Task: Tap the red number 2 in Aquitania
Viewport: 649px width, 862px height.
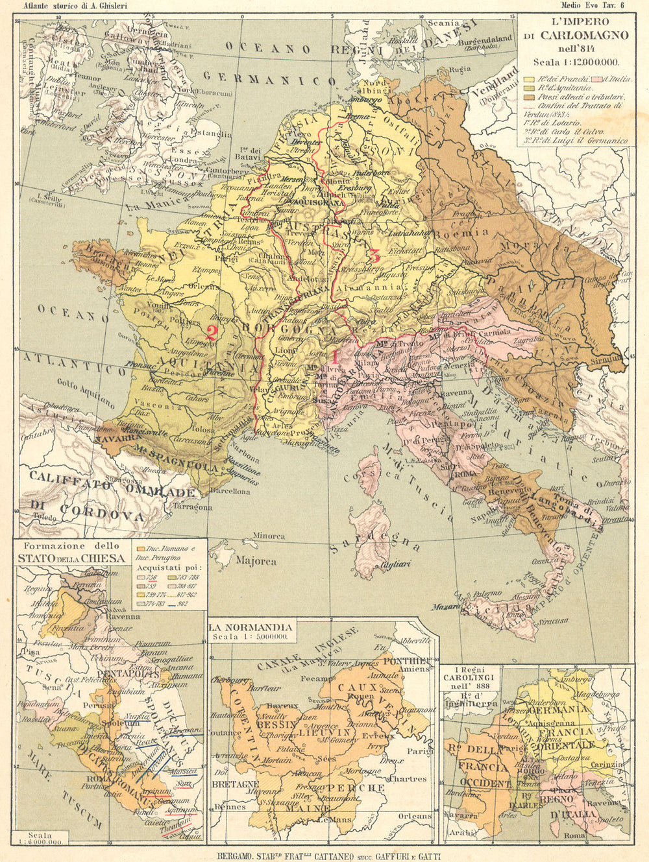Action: click(211, 331)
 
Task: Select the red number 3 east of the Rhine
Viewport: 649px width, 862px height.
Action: click(374, 254)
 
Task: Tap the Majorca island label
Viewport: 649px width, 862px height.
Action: click(255, 561)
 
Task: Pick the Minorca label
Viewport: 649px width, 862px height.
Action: click(269, 536)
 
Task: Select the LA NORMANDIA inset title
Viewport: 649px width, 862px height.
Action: click(250, 627)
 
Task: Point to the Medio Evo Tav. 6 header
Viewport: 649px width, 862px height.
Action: click(594, 6)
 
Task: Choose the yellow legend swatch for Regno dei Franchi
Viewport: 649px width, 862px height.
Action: click(529, 79)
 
